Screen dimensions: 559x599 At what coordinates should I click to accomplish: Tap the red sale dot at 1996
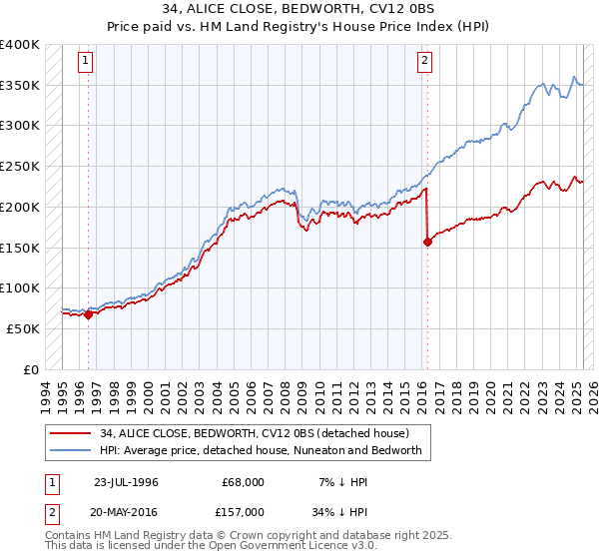click(88, 314)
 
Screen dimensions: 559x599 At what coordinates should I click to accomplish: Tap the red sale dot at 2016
click(428, 241)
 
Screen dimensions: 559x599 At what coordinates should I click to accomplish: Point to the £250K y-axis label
click(20, 166)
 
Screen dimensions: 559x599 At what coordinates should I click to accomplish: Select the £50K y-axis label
click(23, 328)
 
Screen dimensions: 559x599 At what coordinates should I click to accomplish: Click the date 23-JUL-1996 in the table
click(125, 482)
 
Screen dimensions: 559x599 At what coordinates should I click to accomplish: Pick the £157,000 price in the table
click(243, 511)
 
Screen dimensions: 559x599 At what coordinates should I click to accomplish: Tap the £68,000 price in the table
click(243, 482)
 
